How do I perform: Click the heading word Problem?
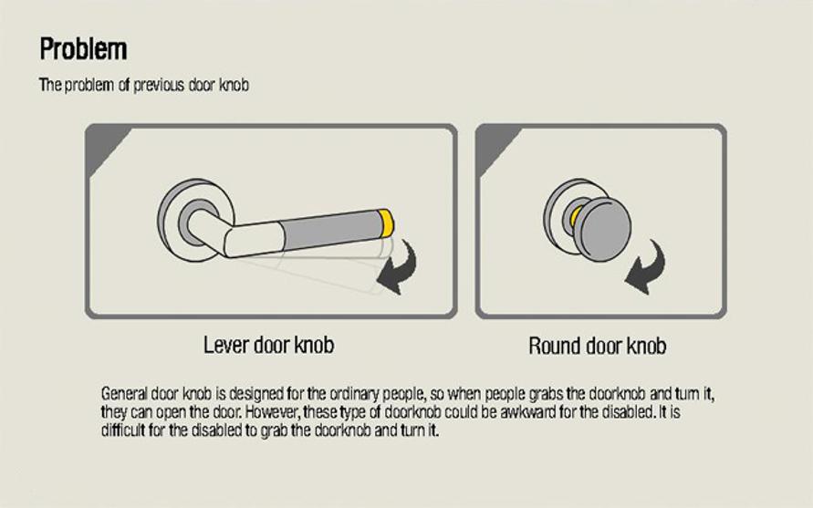coord(83,48)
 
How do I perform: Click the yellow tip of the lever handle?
coord(386,223)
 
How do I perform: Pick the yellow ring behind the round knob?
coord(575,217)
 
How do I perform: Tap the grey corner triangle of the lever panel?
coord(105,149)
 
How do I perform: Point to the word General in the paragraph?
coord(124,394)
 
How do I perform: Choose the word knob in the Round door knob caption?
coord(647,346)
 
